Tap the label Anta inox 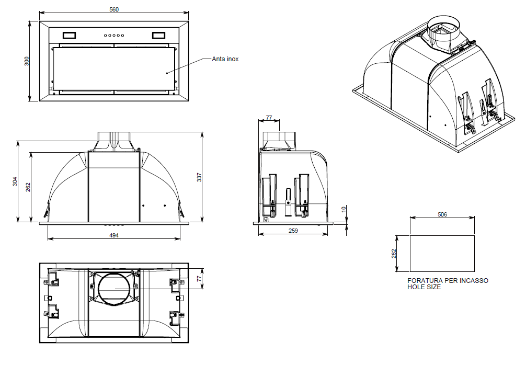(225, 59)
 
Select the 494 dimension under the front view (114, 236)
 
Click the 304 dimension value (15, 181)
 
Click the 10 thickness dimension (344, 209)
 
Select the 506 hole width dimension (442, 214)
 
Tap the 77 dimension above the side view (269, 118)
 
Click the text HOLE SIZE (424, 288)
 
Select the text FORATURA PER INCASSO (448, 281)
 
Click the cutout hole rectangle (442, 254)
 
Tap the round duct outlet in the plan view (113, 288)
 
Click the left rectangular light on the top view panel (69, 36)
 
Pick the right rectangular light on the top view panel (158, 36)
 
